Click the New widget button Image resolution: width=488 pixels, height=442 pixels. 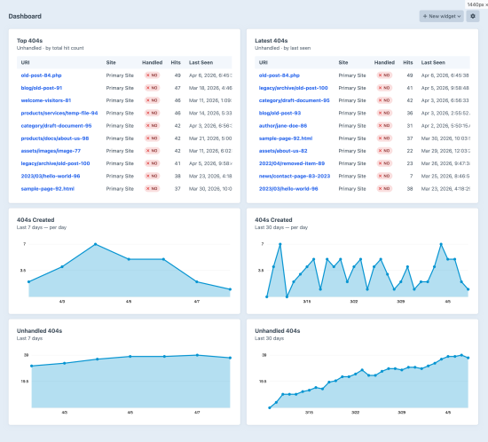441,16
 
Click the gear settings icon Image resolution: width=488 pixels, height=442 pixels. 472,16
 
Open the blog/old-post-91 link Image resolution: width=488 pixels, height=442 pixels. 41,88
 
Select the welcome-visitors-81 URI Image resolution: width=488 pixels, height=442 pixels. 46,100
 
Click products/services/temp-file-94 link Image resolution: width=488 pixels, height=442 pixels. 59,114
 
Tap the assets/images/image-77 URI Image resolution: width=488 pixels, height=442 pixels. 51,151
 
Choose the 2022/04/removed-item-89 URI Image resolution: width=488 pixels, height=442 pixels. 292,163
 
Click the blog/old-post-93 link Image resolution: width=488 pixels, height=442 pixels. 279,114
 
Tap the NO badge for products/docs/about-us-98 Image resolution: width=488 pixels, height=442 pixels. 152,138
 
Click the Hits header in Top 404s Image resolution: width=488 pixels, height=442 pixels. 177,62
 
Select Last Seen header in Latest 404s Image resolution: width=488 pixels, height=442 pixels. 433,62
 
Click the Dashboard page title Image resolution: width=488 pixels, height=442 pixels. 25,16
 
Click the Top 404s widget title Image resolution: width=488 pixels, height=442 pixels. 35,40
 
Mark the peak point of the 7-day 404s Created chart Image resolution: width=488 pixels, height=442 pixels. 96,243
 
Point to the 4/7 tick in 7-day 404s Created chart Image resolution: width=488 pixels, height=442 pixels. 197,301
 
